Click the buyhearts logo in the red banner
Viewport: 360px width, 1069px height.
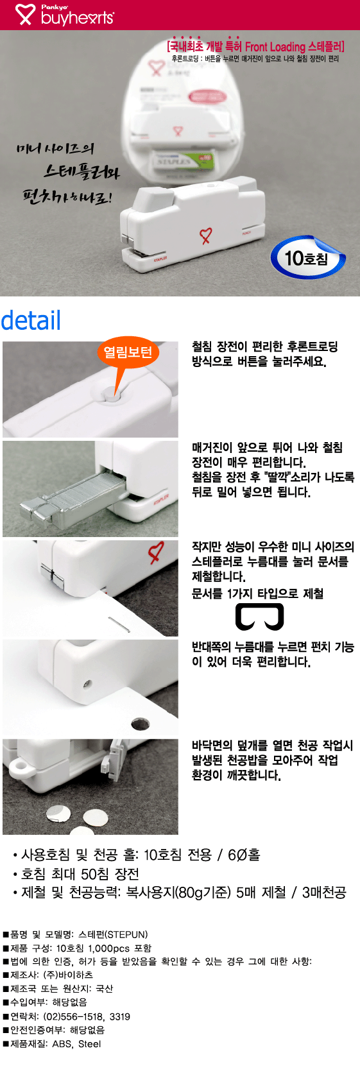[64, 15]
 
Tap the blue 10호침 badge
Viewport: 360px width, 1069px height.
[307, 258]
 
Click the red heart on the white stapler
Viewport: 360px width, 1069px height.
[205, 235]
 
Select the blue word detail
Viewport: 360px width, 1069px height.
[31, 320]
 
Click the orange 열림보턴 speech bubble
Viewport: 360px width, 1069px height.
[128, 352]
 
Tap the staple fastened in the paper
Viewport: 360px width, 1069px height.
[119, 624]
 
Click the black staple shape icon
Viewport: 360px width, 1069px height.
[259, 617]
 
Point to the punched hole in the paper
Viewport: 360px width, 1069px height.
[140, 724]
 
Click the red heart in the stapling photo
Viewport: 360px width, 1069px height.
[156, 552]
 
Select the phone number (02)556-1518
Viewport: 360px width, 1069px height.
[74, 1016]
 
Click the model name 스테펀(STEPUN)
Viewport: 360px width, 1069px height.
[113, 934]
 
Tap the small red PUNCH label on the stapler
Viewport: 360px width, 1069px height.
[246, 234]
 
